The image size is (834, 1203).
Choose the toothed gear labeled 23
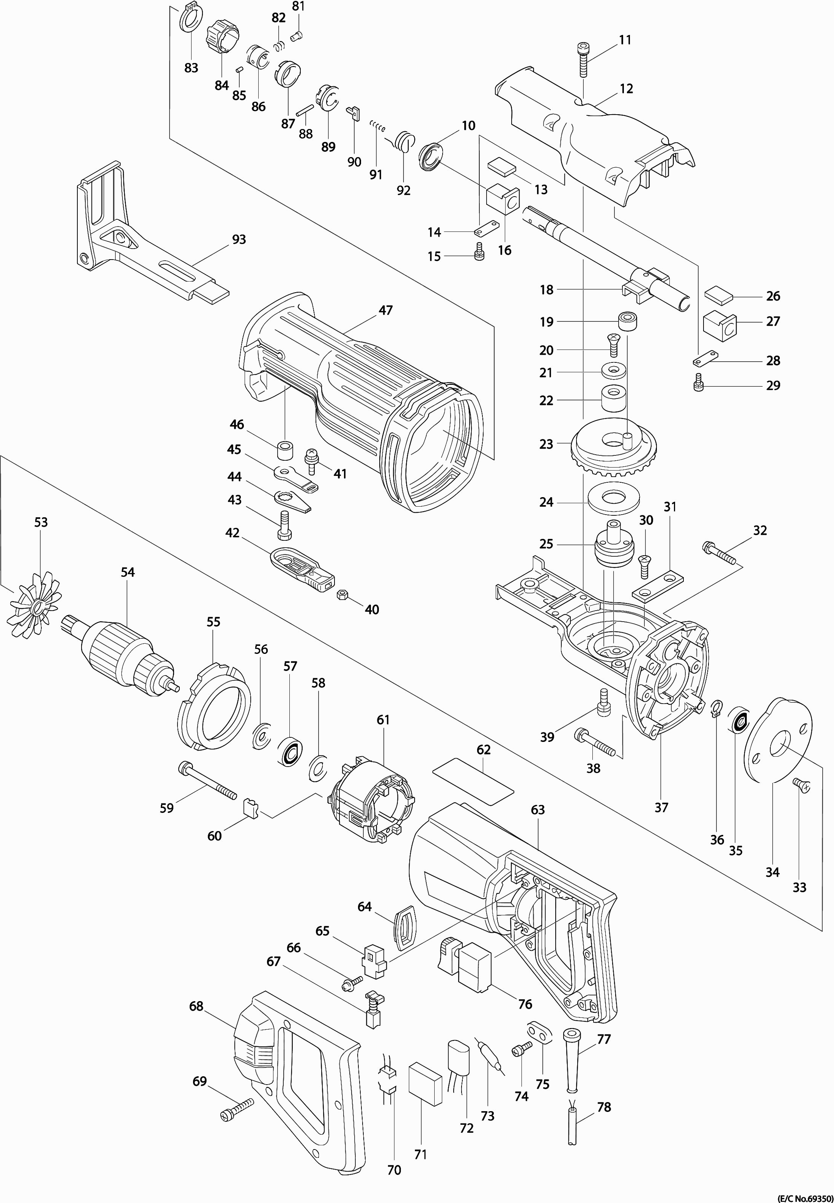click(x=614, y=450)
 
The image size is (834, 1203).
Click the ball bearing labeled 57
click(x=289, y=752)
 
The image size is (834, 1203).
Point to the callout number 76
click(x=525, y=1004)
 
